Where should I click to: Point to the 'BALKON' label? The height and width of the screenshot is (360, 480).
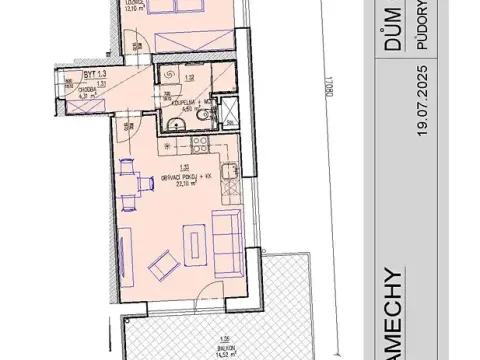point(197,339)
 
